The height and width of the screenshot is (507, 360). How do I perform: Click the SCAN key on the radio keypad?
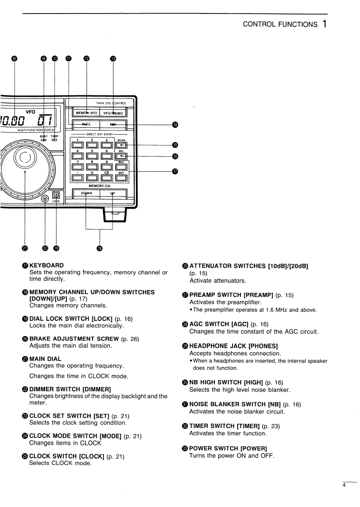pyautogui.click(x=121, y=145)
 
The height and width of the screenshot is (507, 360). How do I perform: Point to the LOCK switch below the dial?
pyautogui.click(x=56, y=195)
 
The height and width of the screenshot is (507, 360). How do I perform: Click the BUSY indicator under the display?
pyautogui.click(x=44, y=140)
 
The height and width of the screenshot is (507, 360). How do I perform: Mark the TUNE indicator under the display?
pyautogui.click(x=55, y=140)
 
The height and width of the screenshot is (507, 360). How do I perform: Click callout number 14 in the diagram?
pyautogui.click(x=175, y=124)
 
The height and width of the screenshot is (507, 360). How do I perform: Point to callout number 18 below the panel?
pyautogui.click(x=99, y=248)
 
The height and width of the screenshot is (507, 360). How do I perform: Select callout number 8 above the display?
pyautogui.click(x=15, y=58)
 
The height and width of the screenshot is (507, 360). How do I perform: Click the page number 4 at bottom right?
pyautogui.click(x=344, y=486)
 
